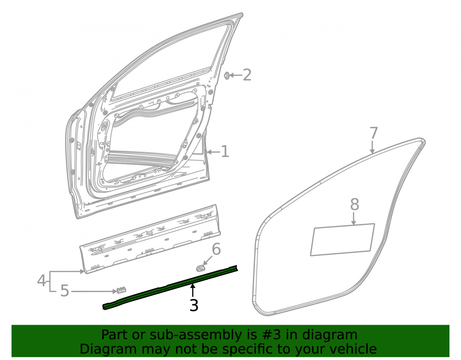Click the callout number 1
click(225, 152)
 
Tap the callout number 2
click(247, 75)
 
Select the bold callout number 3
click(194, 305)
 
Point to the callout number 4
click(41, 280)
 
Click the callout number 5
click(65, 291)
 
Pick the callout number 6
click(216, 249)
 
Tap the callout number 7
click(373, 133)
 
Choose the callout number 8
click(355, 204)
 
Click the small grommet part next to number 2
click(227, 76)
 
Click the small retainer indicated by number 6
click(201, 268)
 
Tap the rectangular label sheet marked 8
click(343, 240)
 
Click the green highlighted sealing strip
click(170, 288)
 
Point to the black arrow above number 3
click(193, 291)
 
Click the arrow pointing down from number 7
click(372, 147)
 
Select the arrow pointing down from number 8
click(354, 218)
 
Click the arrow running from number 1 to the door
click(213, 152)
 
